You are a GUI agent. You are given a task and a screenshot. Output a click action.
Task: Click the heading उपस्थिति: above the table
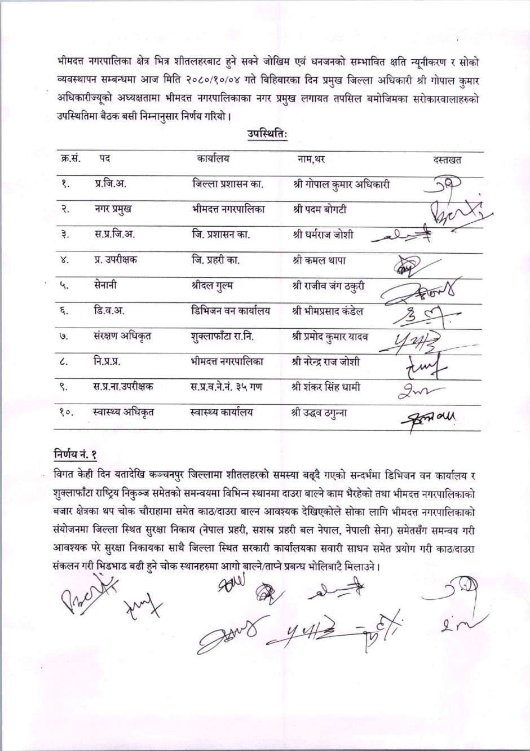tap(267, 134)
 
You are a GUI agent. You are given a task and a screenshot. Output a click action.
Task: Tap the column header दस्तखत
tap(447, 160)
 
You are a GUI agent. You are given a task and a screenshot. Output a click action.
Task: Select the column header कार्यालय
tap(213, 158)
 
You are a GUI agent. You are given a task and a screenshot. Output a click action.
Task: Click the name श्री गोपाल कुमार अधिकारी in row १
tap(341, 184)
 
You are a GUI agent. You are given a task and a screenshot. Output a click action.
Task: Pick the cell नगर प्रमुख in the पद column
tap(113, 209)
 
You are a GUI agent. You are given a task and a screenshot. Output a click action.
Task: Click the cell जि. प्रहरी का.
tap(215, 260)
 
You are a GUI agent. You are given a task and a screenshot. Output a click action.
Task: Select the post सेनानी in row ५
tap(105, 285)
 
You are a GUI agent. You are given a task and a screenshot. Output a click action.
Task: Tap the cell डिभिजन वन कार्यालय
tap(231, 311)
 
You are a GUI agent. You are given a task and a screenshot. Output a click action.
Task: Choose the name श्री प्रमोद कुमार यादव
tap(330, 337)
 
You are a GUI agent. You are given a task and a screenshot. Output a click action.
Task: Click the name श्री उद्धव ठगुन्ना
tap(319, 412)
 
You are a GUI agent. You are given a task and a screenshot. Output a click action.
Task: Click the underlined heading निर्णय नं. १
tap(76, 454)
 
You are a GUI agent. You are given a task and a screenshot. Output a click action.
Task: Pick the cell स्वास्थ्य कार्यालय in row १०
tap(221, 412)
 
